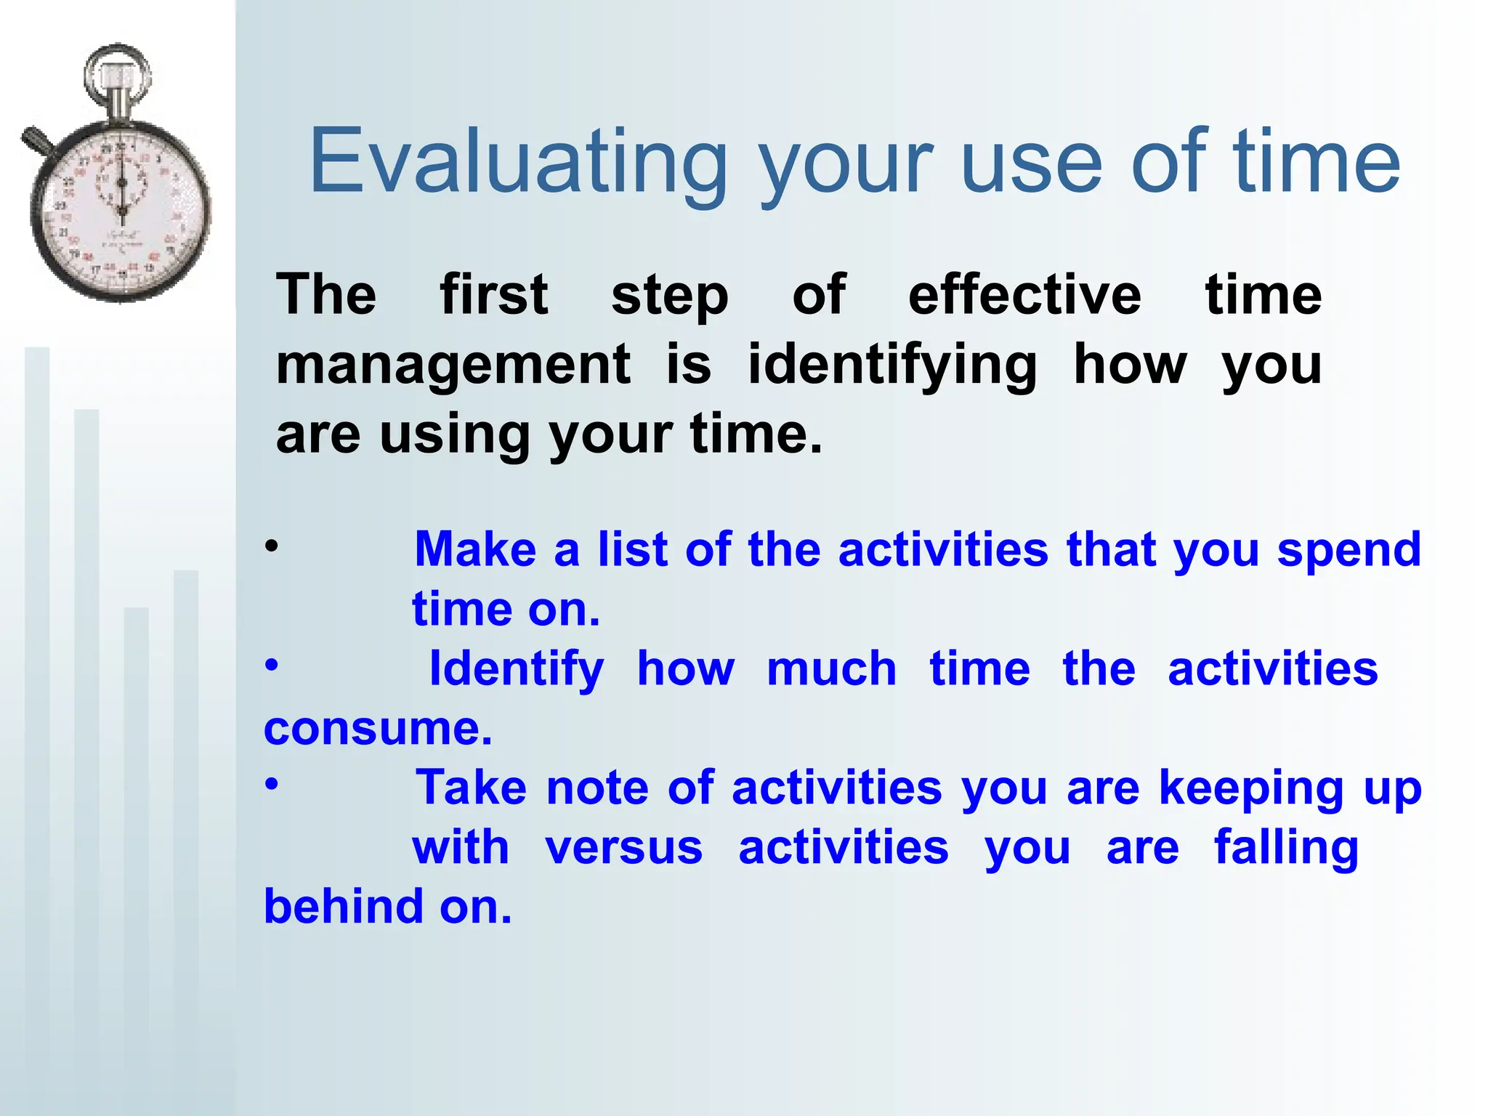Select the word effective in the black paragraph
[x=1024, y=296]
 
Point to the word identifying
[x=892, y=365]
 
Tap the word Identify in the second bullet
[x=517, y=670]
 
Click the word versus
[x=623, y=848]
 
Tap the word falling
[x=1286, y=848]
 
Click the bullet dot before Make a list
[x=271, y=546]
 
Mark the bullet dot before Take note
[x=271, y=784]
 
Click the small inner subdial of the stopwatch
[x=121, y=182]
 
